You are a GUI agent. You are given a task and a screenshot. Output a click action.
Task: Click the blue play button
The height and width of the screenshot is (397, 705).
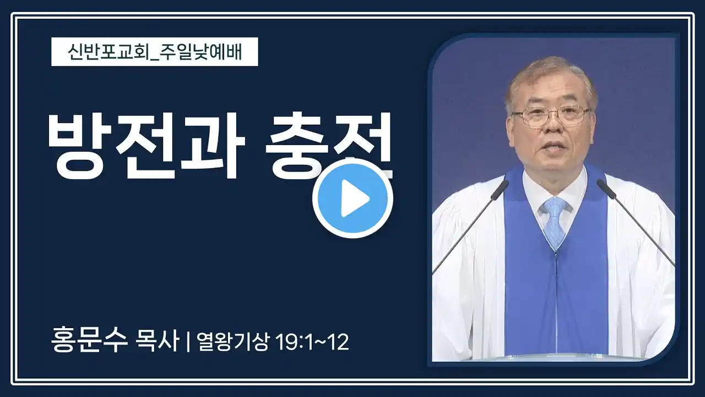click(x=353, y=198)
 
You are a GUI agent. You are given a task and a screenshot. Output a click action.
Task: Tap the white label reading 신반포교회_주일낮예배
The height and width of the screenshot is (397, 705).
click(x=155, y=52)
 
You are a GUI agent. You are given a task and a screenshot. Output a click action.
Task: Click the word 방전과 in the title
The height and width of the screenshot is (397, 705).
click(x=147, y=146)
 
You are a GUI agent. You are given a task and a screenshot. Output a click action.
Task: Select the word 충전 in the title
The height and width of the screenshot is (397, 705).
click(x=329, y=146)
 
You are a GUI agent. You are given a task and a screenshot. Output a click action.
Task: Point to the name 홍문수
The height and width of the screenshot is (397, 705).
click(x=89, y=341)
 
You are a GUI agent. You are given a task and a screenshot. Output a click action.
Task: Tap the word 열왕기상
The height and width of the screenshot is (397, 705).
click(x=233, y=341)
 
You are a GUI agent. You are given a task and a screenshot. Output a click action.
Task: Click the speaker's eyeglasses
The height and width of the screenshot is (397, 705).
click(x=551, y=115)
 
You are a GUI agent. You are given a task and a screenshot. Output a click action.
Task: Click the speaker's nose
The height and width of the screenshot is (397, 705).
click(x=553, y=126)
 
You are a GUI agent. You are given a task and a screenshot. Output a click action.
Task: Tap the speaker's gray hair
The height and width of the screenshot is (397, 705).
click(x=551, y=77)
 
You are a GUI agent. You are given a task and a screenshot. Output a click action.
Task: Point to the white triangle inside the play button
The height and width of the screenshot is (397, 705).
click(x=355, y=198)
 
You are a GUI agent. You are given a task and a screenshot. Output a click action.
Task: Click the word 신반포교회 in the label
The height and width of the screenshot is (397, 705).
click(x=109, y=52)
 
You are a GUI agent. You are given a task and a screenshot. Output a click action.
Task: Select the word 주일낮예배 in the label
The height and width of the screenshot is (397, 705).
click(x=201, y=52)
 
